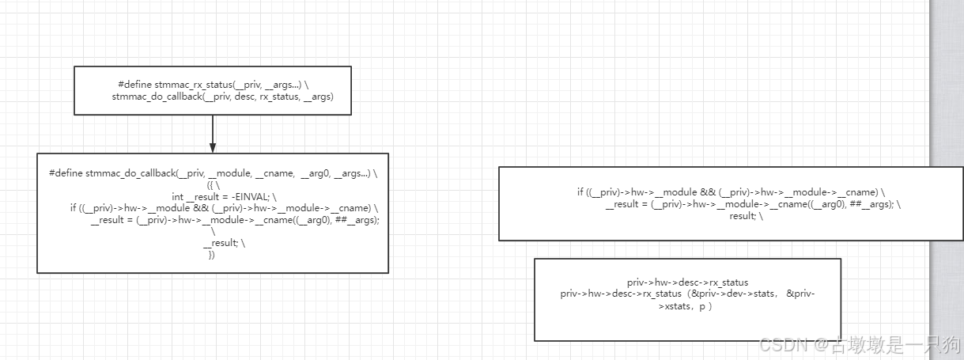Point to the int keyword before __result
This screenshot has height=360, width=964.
(x=177, y=196)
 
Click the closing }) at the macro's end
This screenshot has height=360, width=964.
(x=212, y=255)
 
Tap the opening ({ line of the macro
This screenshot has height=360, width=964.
(x=212, y=184)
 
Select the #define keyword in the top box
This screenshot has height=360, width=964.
(x=135, y=85)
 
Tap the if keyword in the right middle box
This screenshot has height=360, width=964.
(x=580, y=192)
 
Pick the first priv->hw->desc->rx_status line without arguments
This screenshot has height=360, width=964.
(x=687, y=282)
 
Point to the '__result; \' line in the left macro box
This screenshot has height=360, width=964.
(x=224, y=243)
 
